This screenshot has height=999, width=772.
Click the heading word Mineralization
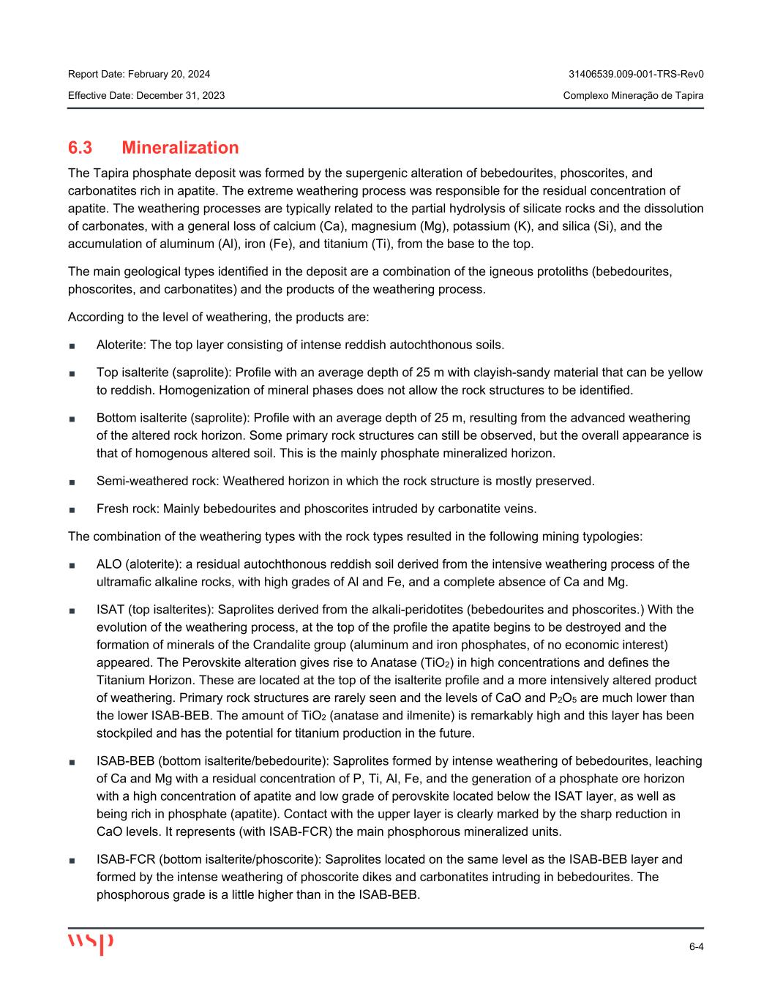(180, 148)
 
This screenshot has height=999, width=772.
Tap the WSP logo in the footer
(91, 943)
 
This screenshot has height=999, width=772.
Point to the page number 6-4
(696, 947)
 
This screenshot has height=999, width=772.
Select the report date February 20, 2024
(168, 74)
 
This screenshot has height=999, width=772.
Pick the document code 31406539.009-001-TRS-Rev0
(636, 74)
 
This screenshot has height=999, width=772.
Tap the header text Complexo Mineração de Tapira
(634, 95)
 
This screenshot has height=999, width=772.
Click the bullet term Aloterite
(120, 345)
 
